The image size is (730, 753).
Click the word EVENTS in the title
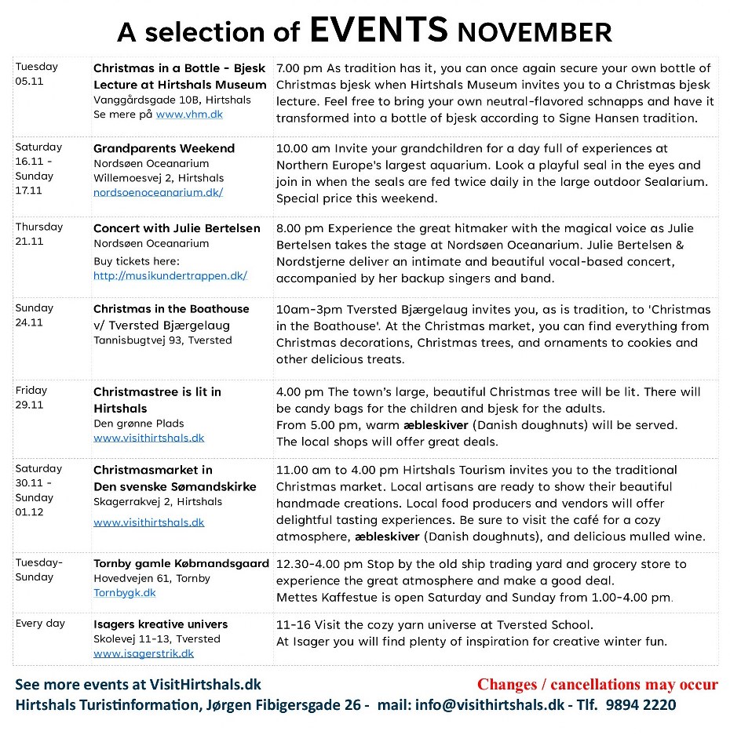(x=378, y=29)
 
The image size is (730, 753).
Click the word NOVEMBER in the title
(x=535, y=32)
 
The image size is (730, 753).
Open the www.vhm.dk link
(x=189, y=115)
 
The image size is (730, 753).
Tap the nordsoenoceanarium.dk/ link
(x=158, y=192)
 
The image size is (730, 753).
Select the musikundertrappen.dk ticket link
(x=170, y=275)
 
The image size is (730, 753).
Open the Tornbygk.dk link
(x=125, y=593)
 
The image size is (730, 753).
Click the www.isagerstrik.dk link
(x=144, y=653)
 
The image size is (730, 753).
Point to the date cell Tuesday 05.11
(x=36, y=74)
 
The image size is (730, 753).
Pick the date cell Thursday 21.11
(x=38, y=234)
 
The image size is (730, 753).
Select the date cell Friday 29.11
(x=31, y=397)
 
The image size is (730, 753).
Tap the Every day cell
(x=40, y=624)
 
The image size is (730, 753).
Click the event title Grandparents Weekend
(x=164, y=148)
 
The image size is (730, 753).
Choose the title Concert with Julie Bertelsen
(x=177, y=228)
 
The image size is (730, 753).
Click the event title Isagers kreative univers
(x=161, y=624)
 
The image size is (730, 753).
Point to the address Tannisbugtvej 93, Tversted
(x=162, y=340)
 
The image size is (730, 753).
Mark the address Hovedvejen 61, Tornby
(x=151, y=579)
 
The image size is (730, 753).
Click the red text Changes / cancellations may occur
(x=597, y=684)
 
